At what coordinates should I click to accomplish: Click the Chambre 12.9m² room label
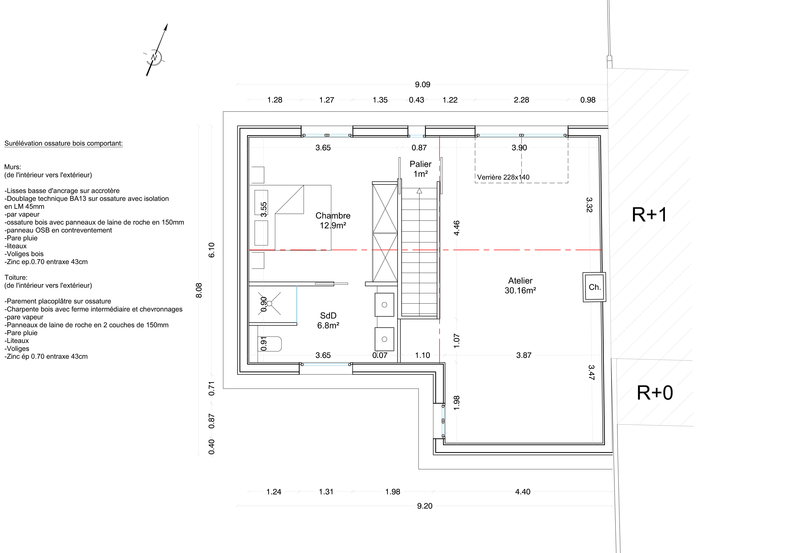pyautogui.click(x=333, y=220)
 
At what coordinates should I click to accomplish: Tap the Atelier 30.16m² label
pyautogui.click(x=520, y=285)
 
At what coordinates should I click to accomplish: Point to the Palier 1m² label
pyautogui.click(x=421, y=169)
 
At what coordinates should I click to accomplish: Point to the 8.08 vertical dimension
pyautogui.click(x=199, y=290)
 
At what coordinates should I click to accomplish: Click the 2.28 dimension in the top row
pyautogui.click(x=521, y=100)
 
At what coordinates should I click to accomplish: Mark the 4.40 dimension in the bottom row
pyautogui.click(x=523, y=492)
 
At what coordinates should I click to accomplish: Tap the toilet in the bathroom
pyautogui.click(x=269, y=344)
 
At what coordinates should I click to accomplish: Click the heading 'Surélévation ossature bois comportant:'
pyautogui.click(x=63, y=143)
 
